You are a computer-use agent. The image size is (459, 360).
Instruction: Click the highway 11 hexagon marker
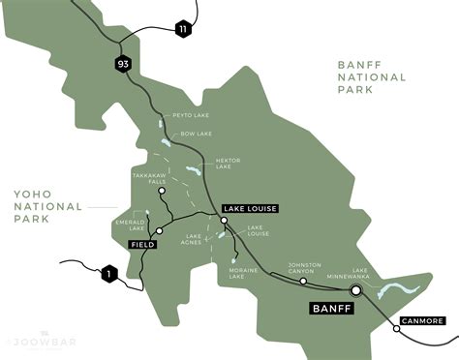point(183,31)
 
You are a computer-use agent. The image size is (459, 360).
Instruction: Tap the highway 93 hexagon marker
point(123,65)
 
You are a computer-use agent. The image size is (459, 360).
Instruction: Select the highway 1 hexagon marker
point(109,275)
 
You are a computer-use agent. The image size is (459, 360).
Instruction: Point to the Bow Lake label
point(198,135)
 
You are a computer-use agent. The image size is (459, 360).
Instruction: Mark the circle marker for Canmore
point(396,329)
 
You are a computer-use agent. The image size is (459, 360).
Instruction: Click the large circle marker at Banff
point(355,289)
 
